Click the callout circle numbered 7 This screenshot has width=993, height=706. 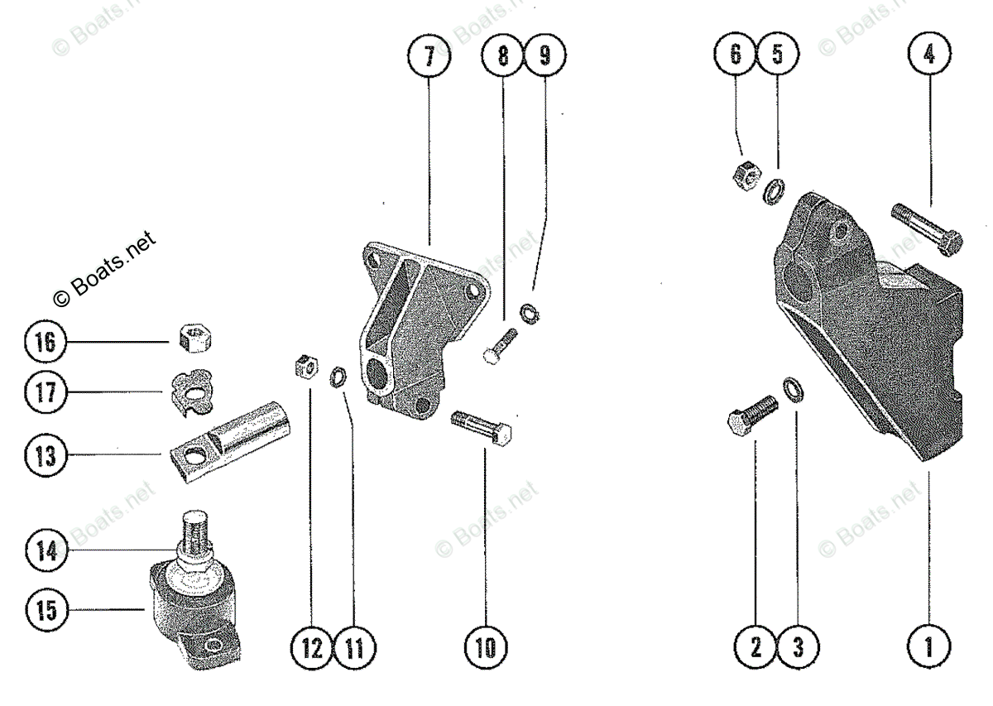point(429,57)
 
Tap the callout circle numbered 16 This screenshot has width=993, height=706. point(46,341)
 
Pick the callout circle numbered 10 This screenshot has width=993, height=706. point(486,646)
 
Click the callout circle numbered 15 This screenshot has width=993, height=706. point(46,611)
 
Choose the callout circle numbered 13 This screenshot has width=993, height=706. point(46,456)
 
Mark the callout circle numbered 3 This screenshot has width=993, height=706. point(798,646)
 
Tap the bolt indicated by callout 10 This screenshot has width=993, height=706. point(482,426)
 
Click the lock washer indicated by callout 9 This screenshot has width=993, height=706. point(528,312)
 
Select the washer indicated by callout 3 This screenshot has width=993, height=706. point(793,388)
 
